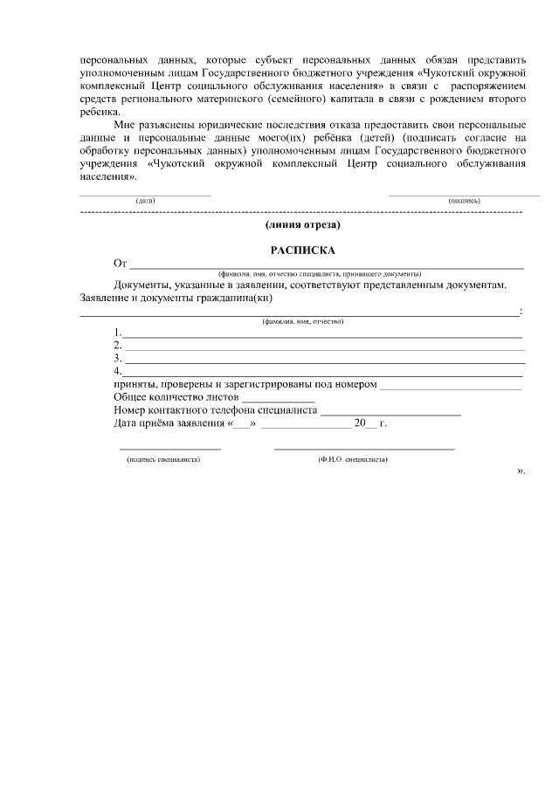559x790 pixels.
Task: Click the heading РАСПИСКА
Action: point(302,250)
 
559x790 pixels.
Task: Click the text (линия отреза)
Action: point(302,225)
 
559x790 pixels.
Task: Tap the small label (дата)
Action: point(145,201)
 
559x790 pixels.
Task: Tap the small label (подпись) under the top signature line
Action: point(463,201)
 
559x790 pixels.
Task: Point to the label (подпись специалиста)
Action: point(163,458)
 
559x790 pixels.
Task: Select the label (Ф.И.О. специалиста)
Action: point(354,458)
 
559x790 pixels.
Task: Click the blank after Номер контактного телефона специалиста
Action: point(378,410)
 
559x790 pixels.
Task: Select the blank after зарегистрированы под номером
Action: point(451,385)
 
